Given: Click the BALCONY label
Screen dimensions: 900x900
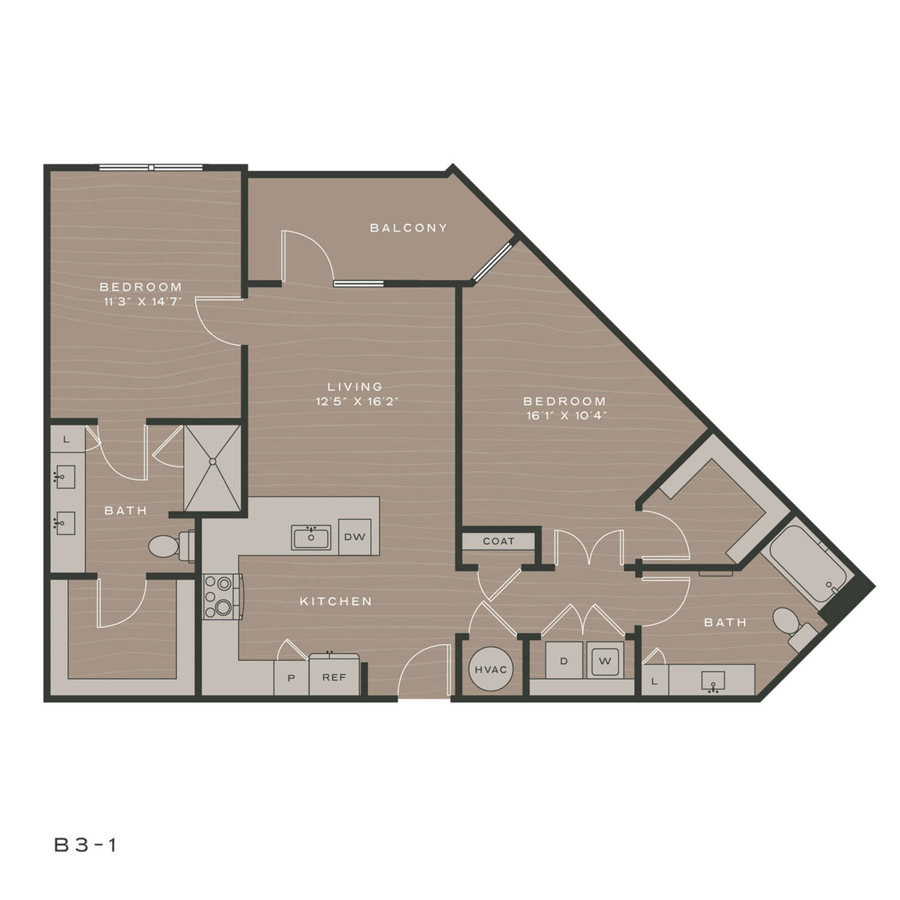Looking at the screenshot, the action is (409, 228).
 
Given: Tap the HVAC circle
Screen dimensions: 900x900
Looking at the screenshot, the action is (491, 669).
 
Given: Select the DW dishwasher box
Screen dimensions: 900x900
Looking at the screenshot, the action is (355, 537).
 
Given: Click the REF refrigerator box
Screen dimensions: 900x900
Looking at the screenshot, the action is (334, 677).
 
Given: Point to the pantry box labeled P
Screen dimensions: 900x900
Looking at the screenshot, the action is (292, 678).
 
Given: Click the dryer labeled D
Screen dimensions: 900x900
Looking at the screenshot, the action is (564, 661).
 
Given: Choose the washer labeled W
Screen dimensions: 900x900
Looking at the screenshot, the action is (605, 661).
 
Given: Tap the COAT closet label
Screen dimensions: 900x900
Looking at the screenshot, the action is (499, 541).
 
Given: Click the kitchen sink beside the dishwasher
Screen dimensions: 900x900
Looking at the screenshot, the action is (311, 538).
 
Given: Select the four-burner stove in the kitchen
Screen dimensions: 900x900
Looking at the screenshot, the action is (223, 596).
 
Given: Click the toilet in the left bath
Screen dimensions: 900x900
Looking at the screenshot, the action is (172, 546).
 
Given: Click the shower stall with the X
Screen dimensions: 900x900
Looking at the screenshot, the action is (212, 469).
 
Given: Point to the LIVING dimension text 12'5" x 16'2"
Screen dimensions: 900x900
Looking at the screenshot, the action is (358, 401).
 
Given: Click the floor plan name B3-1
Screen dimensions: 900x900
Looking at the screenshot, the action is (86, 845).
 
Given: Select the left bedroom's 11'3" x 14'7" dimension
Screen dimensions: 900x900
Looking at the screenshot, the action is (142, 302).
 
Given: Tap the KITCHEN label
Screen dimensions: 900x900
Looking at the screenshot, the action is (336, 601).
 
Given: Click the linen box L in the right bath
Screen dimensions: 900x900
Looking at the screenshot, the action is (655, 680).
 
